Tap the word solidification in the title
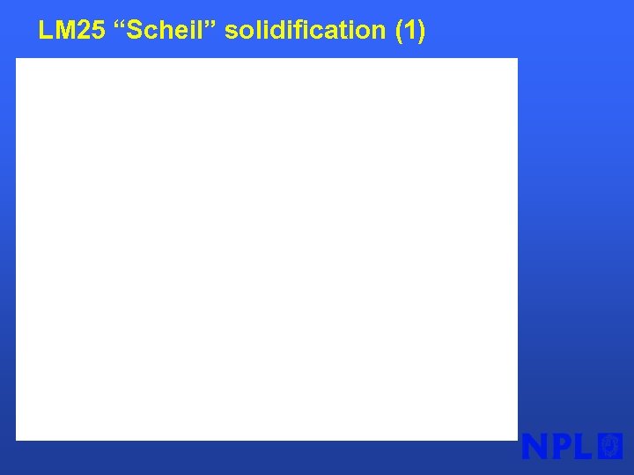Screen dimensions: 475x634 [305, 31]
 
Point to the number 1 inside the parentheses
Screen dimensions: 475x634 [411, 31]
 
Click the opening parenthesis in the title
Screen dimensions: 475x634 [401, 32]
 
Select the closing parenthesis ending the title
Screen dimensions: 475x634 [422, 32]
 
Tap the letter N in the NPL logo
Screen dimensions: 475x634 [536, 446]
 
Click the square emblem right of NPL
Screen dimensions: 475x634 [610, 446]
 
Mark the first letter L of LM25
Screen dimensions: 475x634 [44, 31]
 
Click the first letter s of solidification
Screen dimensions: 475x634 [231, 33]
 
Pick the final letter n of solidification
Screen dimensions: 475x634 [380, 33]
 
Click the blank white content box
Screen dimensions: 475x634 [266, 249]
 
